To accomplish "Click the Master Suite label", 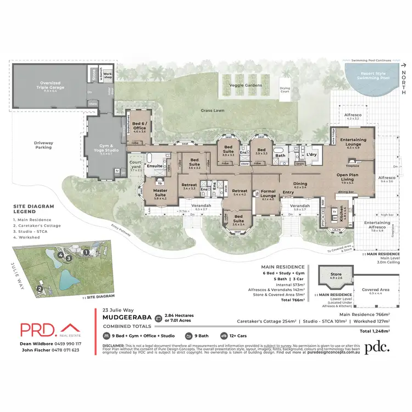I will coord(160,193).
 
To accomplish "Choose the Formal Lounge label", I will coord(268,194).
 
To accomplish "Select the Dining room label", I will coord(300,186).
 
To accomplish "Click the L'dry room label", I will coord(312,155).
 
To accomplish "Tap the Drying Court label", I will coord(285,90).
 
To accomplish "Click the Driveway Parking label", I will coord(43,145).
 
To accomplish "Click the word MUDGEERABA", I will coord(123,318).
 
